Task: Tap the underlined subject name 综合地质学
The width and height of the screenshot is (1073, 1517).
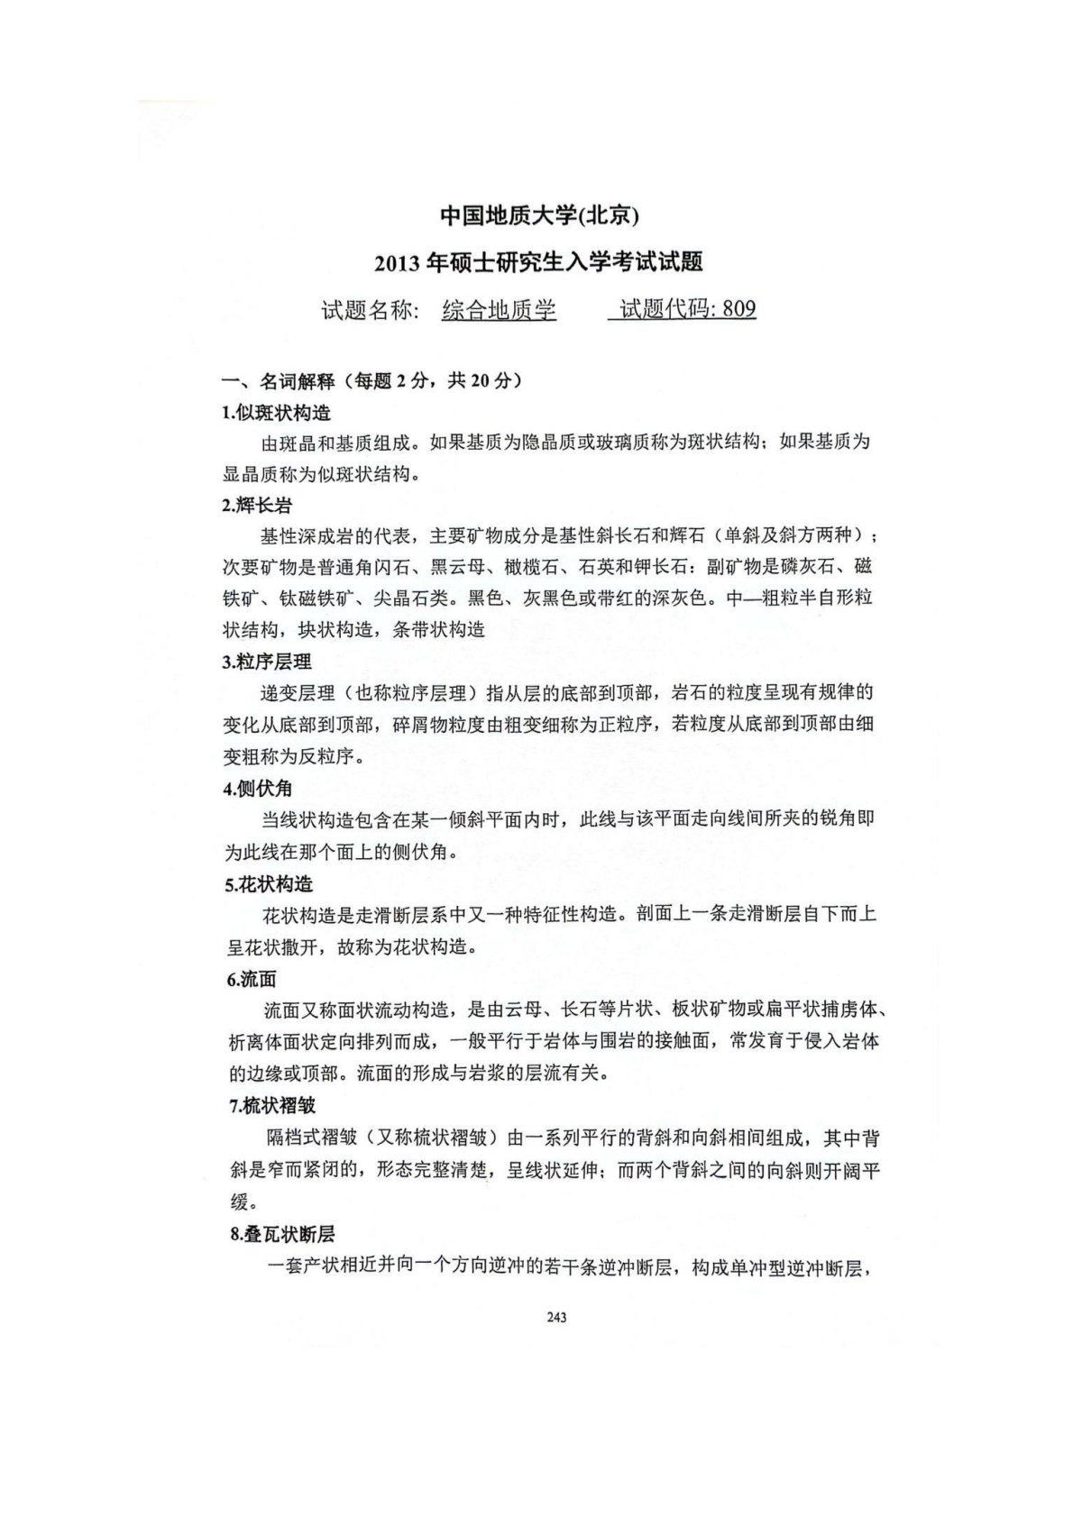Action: click(x=499, y=310)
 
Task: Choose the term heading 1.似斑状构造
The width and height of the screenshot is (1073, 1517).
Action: click(x=276, y=413)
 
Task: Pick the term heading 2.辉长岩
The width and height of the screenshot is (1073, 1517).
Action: click(x=257, y=506)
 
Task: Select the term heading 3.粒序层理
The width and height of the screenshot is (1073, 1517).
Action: click(x=267, y=662)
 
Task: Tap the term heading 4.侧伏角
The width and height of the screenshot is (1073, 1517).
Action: click(x=258, y=788)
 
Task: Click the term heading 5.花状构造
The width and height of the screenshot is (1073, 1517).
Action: click(x=268, y=883)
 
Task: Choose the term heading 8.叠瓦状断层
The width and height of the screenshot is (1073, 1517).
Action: click(x=281, y=1235)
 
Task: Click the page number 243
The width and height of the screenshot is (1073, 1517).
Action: click(x=556, y=1318)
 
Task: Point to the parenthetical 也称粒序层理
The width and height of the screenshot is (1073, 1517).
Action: click(x=396, y=693)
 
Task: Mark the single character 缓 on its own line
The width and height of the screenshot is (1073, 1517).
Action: click(x=238, y=1202)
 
